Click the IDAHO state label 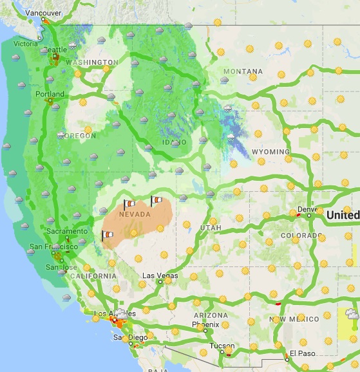(x=175, y=141)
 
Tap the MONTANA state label (x=243, y=71)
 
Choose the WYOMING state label (x=270, y=152)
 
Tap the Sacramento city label (x=67, y=231)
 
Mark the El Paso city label (x=300, y=353)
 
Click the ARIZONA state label (x=211, y=315)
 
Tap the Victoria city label (x=26, y=44)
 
